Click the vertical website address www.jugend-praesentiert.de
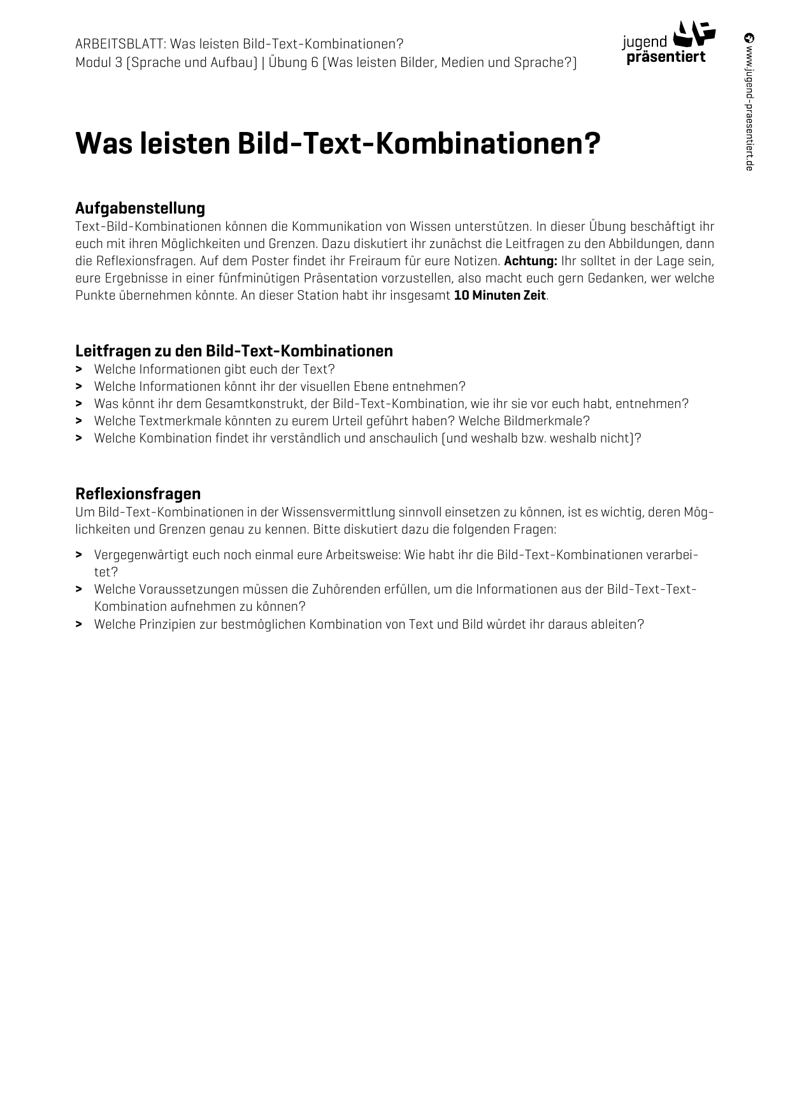749,102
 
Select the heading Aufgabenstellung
140,208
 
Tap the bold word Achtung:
530,261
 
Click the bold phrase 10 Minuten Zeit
499,296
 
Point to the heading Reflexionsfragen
138,494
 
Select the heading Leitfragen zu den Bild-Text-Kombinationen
234,351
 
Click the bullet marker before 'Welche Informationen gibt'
78,369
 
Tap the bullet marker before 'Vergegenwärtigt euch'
78,555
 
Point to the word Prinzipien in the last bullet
168,624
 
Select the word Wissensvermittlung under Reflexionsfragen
338,512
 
